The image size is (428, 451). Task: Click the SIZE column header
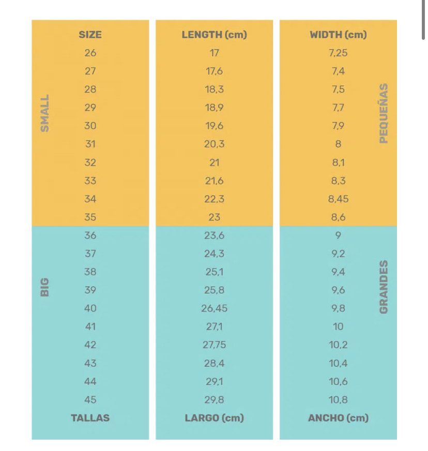90,35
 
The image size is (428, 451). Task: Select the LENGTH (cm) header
214,35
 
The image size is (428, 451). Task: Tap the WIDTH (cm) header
338,35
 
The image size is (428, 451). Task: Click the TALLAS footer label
90,418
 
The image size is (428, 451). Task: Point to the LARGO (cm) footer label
214,418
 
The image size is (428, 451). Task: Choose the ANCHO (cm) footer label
338,418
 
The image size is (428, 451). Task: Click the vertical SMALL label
45,113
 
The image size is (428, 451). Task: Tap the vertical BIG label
45,287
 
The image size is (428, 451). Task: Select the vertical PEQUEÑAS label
384,113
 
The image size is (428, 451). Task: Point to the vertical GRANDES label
384,287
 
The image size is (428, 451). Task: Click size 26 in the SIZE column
90,53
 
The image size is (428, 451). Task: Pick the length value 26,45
214,308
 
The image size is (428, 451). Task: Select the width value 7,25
338,53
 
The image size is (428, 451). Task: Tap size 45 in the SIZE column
90,400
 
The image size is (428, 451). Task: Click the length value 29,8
214,400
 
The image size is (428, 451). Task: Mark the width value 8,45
338,199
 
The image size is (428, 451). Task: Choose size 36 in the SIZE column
90,236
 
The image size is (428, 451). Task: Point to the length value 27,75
214,345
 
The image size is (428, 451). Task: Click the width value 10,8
338,400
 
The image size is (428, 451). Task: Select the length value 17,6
214,71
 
